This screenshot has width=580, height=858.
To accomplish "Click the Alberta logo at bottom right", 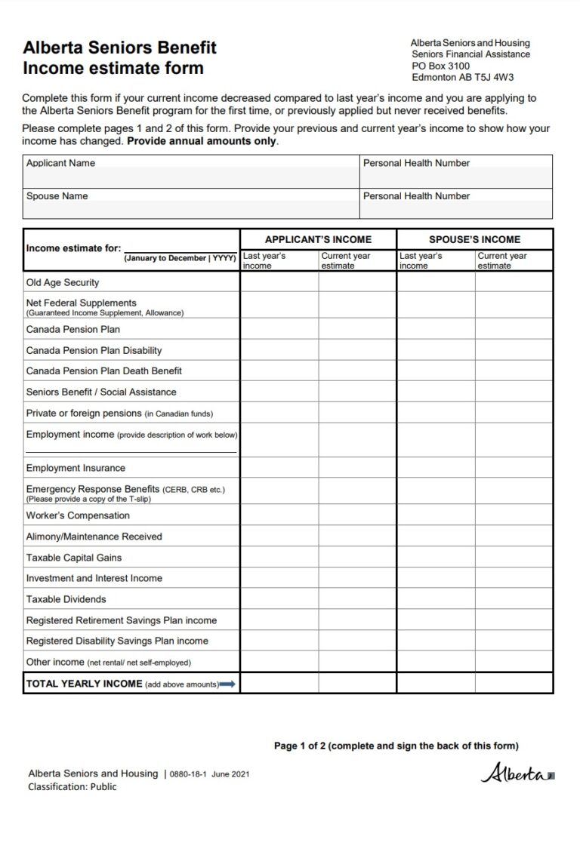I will tap(517, 773).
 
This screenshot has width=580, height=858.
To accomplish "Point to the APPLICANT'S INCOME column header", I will tap(318, 239).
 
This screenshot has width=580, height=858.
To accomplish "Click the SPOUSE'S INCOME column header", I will tap(474, 239).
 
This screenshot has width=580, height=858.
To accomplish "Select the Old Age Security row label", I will tap(63, 282).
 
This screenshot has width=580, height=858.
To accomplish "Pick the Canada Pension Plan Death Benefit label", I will tap(103, 371).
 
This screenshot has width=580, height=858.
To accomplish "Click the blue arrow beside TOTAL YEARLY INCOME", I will tap(227, 684).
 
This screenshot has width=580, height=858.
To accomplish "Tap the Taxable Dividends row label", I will tap(66, 599).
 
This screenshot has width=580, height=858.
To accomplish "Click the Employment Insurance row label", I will tap(76, 468).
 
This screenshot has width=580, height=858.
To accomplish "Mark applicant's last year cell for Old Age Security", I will tap(279, 282).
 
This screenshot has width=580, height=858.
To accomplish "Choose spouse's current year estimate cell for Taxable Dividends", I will tap(514, 599).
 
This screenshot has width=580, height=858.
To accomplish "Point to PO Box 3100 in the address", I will tap(440, 66).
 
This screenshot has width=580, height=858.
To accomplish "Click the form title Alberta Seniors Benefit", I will tap(119, 48).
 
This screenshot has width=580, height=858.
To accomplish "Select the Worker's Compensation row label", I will tap(78, 515).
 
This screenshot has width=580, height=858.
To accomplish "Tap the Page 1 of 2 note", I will tap(396, 746).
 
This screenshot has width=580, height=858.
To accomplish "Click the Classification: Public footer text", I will tap(72, 786).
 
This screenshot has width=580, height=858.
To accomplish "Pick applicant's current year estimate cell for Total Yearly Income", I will tap(357, 684).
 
